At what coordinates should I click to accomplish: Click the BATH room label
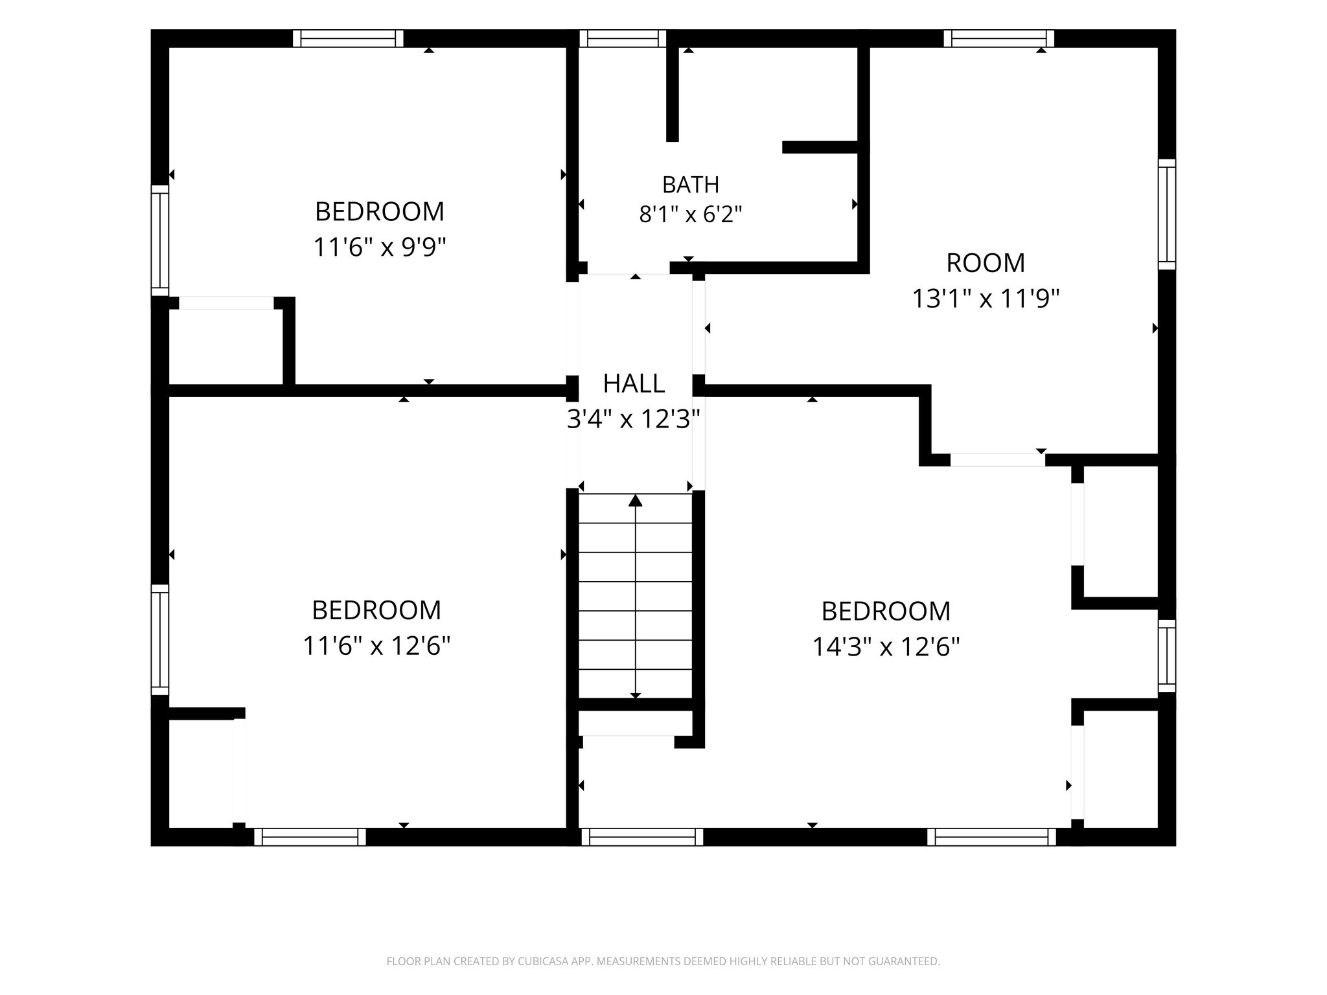click(690, 185)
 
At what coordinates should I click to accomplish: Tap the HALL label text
click(634, 383)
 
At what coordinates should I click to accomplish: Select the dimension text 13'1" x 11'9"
click(986, 299)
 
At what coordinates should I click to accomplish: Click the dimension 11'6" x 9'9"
click(380, 247)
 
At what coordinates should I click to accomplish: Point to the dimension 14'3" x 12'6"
click(886, 646)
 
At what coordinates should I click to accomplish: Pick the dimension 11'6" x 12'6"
click(376, 645)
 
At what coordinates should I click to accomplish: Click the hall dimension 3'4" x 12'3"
click(634, 420)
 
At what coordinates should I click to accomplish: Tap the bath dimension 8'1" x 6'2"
click(690, 214)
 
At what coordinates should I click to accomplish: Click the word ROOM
click(986, 263)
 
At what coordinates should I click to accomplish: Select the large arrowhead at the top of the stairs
click(636, 500)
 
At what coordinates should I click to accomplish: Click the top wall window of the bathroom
click(623, 39)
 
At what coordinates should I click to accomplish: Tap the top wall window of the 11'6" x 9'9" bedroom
click(348, 39)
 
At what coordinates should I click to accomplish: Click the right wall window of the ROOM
click(1167, 214)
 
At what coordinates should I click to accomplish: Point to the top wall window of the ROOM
click(999, 39)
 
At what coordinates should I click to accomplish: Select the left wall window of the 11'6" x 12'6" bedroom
click(160, 640)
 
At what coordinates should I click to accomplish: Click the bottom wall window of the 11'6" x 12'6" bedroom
click(310, 837)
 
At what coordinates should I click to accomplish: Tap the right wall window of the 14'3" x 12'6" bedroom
click(1167, 656)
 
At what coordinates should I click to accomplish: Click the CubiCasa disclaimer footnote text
click(663, 961)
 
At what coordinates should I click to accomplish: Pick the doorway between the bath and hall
click(629, 268)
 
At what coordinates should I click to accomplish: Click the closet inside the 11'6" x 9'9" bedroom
click(226, 347)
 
